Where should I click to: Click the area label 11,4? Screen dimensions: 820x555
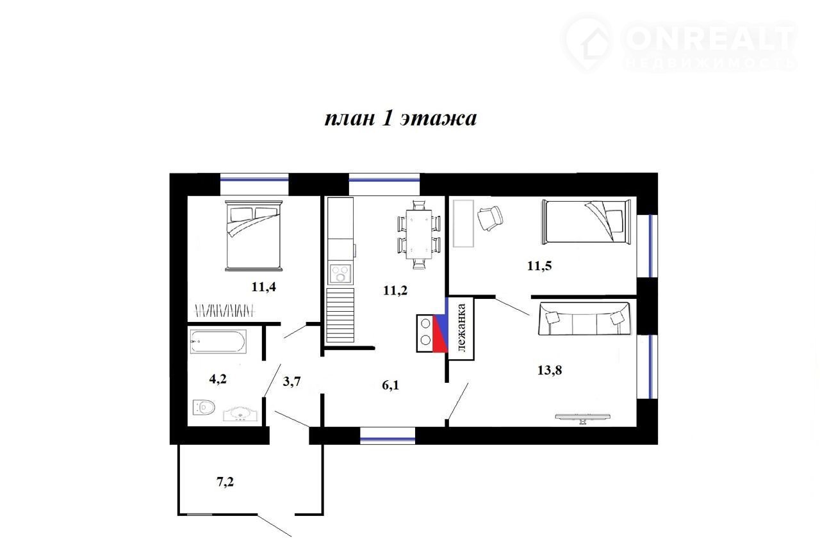[x=263, y=287]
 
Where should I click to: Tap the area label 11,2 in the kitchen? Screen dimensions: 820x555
[x=395, y=291]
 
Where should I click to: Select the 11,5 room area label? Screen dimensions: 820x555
[x=539, y=266]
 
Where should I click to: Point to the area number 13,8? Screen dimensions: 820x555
[x=550, y=370]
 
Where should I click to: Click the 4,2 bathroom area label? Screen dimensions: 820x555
[x=218, y=379]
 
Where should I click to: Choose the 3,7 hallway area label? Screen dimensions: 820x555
[x=291, y=382]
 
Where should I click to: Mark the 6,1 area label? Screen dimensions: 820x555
[x=391, y=385]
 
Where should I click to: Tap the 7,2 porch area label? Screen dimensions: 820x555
[x=225, y=482]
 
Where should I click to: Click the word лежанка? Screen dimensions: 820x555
[x=461, y=328]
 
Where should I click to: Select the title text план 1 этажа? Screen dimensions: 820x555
[x=400, y=118]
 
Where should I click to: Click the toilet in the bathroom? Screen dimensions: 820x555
[x=204, y=407]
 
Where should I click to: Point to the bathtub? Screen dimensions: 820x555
[x=218, y=341]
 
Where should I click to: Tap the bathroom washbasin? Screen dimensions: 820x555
[x=240, y=414]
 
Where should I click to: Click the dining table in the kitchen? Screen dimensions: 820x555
[x=419, y=234]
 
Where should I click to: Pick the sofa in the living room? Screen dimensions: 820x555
[x=584, y=319]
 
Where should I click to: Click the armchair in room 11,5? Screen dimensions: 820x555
[x=490, y=218]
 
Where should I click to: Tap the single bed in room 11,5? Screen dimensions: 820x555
[x=586, y=221]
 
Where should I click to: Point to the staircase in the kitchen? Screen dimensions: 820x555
[x=340, y=315]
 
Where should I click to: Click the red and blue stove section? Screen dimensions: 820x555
[x=440, y=334]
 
